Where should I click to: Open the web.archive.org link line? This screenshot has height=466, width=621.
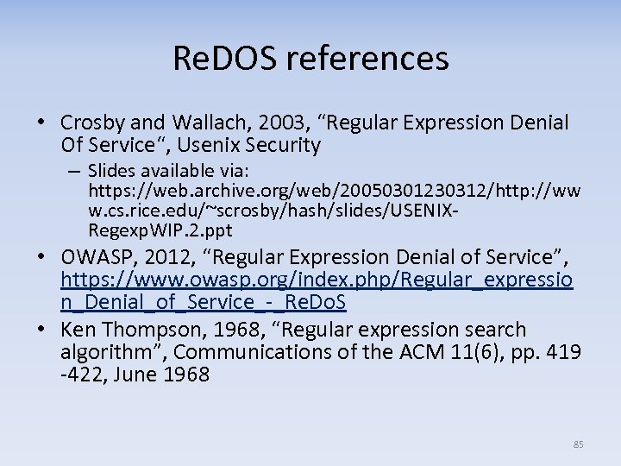click(335, 191)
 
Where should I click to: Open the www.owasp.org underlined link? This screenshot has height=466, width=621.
click(317, 280)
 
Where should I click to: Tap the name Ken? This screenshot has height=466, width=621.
click(78, 330)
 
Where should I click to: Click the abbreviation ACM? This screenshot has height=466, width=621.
click(398, 352)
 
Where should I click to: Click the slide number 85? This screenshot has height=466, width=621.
click(578, 444)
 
